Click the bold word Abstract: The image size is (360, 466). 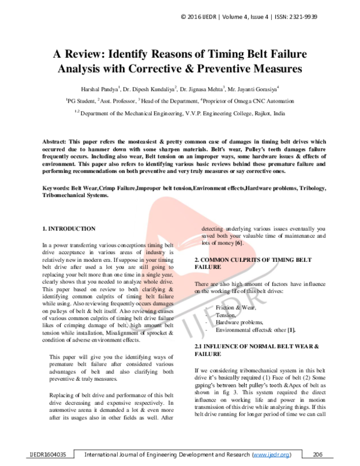[58, 139]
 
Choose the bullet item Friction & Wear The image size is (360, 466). [236, 307]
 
